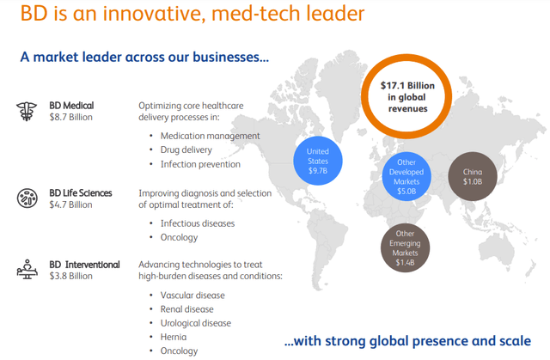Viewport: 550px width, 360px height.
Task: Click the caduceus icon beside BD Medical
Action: tap(27, 112)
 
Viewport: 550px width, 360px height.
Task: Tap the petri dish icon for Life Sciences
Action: tap(27, 198)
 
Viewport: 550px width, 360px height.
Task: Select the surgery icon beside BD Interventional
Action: tap(27, 269)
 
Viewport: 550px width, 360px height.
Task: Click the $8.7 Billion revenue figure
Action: tap(70, 117)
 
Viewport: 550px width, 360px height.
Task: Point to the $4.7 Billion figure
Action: tap(70, 204)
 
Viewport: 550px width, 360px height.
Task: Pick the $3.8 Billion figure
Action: tap(70, 276)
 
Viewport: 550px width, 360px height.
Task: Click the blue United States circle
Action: tap(318, 161)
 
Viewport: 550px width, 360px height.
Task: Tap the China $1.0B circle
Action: tap(473, 176)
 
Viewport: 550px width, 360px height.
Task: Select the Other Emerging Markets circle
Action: tap(405, 247)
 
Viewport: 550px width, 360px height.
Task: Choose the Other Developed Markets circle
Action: tap(406, 176)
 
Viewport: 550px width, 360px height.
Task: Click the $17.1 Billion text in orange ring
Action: tap(407, 86)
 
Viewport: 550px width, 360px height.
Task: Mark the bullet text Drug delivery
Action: tap(186, 150)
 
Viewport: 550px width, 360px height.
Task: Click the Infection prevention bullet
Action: tap(200, 164)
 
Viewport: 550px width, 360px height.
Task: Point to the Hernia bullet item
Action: tap(174, 337)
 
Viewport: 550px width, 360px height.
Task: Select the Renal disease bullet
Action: tap(187, 309)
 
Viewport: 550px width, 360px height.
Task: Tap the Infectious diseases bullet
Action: tap(198, 223)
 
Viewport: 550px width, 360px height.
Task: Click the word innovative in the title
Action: tap(153, 14)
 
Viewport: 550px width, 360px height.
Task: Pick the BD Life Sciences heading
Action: tap(81, 193)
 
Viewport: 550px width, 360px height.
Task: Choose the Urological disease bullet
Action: tap(196, 323)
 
